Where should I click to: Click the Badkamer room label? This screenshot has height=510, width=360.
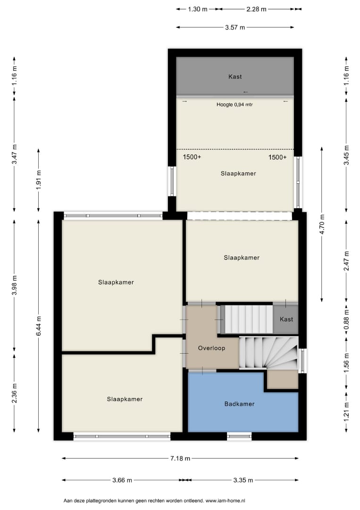pyautogui.click(x=240, y=404)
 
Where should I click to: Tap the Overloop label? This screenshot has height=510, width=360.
pyautogui.click(x=211, y=348)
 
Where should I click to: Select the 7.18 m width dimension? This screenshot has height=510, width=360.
pyautogui.click(x=180, y=458)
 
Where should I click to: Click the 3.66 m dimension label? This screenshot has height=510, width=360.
pyautogui.click(x=122, y=480)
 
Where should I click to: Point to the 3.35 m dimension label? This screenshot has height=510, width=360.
pyautogui.click(x=243, y=480)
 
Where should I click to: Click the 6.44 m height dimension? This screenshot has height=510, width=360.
pyautogui.click(x=39, y=326)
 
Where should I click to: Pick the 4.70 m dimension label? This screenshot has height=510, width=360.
pyautogui.click(x=322, y=224)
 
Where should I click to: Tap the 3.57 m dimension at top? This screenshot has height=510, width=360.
pyautogui.click(x=235, y=27)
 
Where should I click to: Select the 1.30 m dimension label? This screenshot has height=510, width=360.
pyautogui.click(x=198, y=9)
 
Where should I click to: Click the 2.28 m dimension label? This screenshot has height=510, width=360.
pyautogui.click(x=256, y=9)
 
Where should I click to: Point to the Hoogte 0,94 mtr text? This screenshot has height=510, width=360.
pyautogui.click(x=234, y=105)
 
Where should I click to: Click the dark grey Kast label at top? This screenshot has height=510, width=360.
pyautogui.click(x=235, y=77)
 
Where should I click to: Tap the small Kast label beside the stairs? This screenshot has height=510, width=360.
pyautogui.click(x=286, y=319)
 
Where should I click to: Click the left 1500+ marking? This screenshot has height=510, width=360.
pyautogui.click(x=192, y=157)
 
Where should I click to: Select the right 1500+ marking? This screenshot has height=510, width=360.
pyautogui.click(x=277, y=157)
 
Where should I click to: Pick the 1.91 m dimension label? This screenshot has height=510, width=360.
pyautogui.click(x=39, y=179)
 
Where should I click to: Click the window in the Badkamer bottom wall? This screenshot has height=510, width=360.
pyautogui.click(x=239, y=436)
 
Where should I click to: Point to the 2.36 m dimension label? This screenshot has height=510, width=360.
pyautogui.click(x=14, y=393)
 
